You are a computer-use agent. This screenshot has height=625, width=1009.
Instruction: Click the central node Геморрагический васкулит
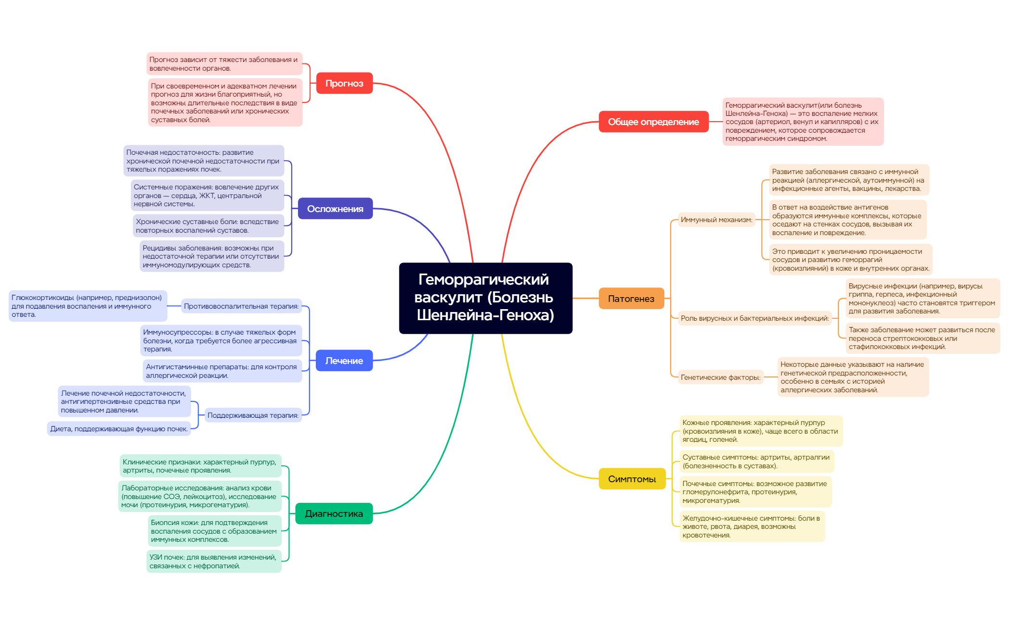click(x=486, y=298)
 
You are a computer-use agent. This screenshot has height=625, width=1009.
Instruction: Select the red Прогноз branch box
click(x=344, y=83)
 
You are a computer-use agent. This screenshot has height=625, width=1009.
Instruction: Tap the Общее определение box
click(x=653, y=122)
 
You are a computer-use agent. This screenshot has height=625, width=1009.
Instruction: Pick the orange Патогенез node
click(x=631, y=299)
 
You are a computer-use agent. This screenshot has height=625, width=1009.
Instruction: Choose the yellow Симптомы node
click(x=632, y=479)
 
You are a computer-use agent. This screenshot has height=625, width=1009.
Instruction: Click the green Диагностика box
click(x=334, y=513)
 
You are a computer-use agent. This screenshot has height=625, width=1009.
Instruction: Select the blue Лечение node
click(x=344, y=361)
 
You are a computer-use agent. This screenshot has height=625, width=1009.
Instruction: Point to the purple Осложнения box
click(x=335, y=209)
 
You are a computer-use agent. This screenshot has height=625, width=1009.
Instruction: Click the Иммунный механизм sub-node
click(x=716, y=220)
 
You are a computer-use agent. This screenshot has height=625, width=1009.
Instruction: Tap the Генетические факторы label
click(x=721, y=377)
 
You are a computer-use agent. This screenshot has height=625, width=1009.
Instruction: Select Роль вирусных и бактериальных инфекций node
click(x=755, y=318)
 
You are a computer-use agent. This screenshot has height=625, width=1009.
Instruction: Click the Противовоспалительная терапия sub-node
click(x=241, y=306)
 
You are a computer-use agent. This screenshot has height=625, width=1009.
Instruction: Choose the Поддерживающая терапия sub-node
click(x=253, y=415)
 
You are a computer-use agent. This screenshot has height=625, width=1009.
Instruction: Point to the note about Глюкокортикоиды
click(x=87, y=306)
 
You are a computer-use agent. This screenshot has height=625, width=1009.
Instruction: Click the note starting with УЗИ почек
click(x=213, y=562)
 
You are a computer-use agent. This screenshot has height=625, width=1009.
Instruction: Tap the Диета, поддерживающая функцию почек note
click(x=119, y=429)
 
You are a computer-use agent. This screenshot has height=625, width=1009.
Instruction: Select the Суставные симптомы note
click(x=756, y=462)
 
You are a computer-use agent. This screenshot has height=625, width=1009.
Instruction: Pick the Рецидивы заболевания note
click(x=212, y=256)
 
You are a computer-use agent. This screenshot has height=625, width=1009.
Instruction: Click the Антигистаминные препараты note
click(x=222, y=371)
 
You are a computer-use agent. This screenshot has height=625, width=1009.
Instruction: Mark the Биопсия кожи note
click(x=214, y=531)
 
